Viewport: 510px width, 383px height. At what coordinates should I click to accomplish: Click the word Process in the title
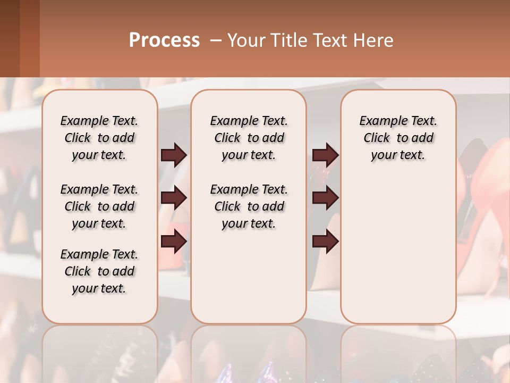[164, 40]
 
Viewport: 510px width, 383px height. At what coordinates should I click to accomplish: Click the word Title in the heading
[288, 40]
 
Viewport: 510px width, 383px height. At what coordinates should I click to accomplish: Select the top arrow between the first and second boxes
[174, 155]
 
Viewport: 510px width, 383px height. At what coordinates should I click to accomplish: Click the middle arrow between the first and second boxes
[174, 198]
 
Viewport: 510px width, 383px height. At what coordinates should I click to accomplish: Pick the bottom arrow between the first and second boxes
[174, 242]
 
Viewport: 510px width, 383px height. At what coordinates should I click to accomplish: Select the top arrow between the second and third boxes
[325, 155]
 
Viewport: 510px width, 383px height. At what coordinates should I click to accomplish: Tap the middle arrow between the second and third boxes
[325, 198]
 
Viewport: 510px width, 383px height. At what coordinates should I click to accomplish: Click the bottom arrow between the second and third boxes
[325, 242]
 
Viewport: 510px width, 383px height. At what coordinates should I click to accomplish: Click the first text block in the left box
[99, 138]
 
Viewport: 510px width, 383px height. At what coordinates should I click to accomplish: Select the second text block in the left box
[99, 206]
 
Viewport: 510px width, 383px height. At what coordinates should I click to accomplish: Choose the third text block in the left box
[99, 271]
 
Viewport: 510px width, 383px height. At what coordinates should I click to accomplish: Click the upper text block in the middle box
[249, 138]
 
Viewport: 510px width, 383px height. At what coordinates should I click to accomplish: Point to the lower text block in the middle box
[249, 206]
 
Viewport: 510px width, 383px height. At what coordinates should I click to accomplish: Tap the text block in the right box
[398, 138]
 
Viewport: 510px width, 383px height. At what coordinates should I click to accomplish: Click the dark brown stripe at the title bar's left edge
[10, 38]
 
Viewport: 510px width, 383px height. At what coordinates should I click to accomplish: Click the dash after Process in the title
[216, 40]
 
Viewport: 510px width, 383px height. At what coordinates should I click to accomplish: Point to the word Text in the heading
[330, 40]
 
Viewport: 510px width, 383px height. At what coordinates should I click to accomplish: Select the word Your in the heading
[246, 40]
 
